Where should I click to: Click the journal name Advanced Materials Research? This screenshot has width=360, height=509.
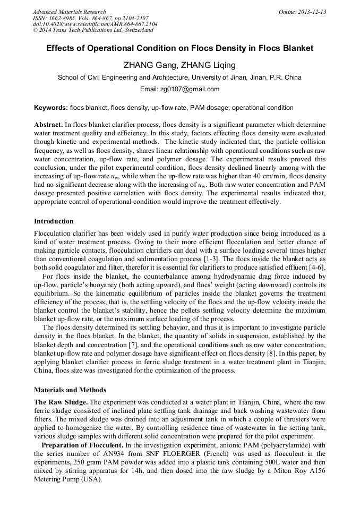pyautogui.click(x=69, y=12)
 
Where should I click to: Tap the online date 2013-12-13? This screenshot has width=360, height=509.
pyautogui.click(x=310, y=12)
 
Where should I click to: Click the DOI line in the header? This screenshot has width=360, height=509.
pyautogui.click(x=95, y=24)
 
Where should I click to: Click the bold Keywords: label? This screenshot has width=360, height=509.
pyautogui.click(x=51, y=108)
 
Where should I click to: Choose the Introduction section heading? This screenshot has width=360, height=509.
pyautogui.click(x=54, y=221)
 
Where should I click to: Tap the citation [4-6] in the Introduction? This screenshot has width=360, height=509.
pyautogui.click(x=315, y=267)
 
